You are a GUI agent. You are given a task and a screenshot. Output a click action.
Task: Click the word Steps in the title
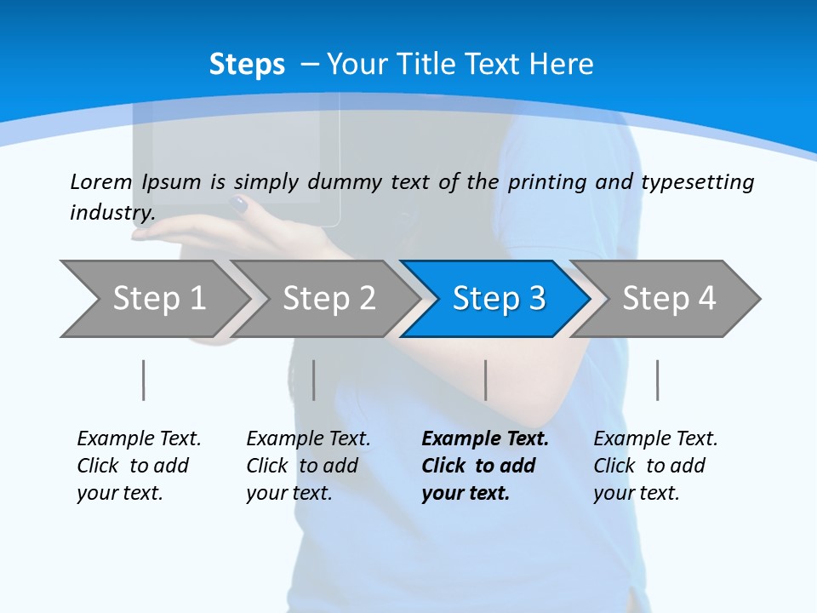point(247,65)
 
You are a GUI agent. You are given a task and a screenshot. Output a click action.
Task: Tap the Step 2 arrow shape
point(328,299)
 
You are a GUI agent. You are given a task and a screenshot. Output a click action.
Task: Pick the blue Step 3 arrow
point(498,299)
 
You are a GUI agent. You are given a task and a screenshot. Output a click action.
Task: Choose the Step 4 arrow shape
point(668,299)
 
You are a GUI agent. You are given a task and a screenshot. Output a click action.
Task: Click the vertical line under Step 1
point(143,380)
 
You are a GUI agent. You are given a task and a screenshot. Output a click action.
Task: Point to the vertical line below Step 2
point(313,380)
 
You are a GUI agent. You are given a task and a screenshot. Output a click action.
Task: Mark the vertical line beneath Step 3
point(485,380)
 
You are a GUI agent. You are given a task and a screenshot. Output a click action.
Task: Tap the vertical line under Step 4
point(657,380)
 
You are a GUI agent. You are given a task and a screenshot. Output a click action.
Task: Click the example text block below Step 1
point(139,466)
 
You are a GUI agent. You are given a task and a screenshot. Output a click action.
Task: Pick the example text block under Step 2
point(308,466)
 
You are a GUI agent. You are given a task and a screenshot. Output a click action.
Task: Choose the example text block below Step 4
point(655,466)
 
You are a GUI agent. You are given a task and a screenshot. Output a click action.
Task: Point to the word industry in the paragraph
point(111,213)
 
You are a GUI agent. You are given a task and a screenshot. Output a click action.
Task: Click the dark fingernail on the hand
point(239,204)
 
